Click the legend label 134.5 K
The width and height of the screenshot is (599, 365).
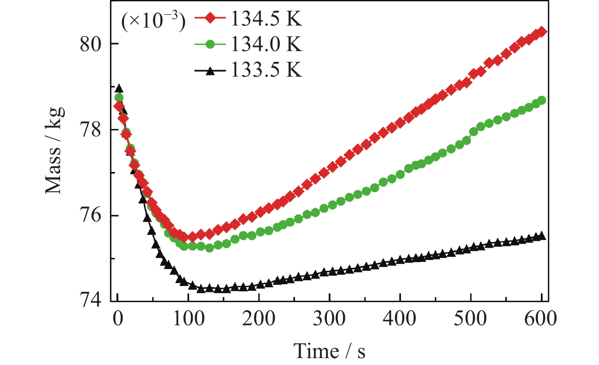(266, 19)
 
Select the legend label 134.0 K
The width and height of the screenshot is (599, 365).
(266, 44)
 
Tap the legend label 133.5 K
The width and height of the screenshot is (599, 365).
(266, 71)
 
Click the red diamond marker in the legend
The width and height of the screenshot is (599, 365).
(210, 19)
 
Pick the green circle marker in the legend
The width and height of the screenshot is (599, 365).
(210, 44)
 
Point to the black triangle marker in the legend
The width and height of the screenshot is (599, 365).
(210, 71)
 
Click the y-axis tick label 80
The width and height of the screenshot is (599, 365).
(90, 44)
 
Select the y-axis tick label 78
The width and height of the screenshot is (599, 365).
(90, 130)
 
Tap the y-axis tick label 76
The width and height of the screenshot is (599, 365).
(90, 215)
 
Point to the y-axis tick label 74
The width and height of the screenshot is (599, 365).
(90, 301)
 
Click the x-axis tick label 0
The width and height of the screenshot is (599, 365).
(118, 319)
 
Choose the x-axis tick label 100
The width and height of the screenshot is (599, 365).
(188, 319)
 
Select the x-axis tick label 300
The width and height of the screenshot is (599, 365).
(329, 319)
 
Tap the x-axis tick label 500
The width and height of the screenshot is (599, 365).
(470, 319)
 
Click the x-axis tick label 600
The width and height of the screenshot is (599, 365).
(541, 319)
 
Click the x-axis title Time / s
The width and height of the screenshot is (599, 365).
(329, 351)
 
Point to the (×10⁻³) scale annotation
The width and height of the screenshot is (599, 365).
(153, 20)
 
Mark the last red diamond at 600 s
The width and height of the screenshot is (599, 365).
(542, 32)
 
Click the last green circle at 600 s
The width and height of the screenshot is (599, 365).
(541, 100)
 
